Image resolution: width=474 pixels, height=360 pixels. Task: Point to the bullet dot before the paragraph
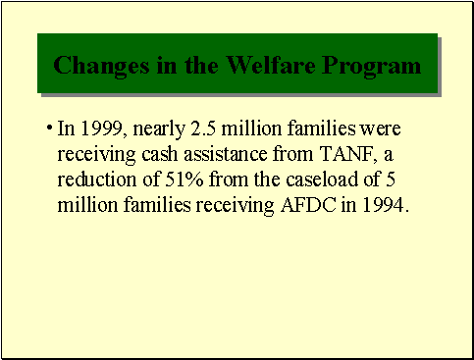[x=49, y=128]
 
